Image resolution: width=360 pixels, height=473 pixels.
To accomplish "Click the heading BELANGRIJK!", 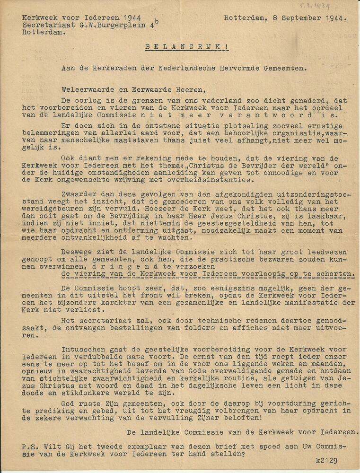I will point(181,47).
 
